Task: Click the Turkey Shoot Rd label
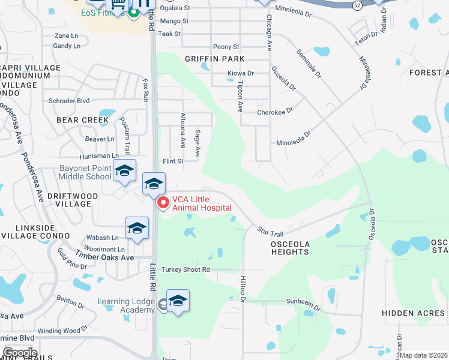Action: (x=185, y=270)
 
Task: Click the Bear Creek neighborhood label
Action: (x=83, y=120)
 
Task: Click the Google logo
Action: (x=20, y=352)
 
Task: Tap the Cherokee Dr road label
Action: (x=274, y=112)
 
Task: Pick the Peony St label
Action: (x=226, y=47)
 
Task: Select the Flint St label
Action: (x=173, y=161)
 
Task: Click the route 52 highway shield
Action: (x=357, y=5)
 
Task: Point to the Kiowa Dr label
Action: (x=241, y=73)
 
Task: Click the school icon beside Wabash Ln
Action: (x=137, y=229)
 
